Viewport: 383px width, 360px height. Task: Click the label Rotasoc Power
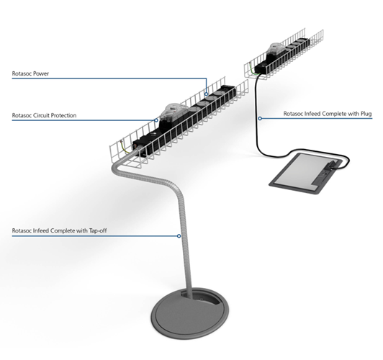(30, 73)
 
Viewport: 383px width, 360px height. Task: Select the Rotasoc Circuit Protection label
(44, 115)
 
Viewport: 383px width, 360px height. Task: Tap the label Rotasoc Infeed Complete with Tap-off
(59, 230)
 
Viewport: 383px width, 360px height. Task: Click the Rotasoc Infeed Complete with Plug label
(328, 114)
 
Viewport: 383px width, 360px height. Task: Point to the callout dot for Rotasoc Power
(207, 94)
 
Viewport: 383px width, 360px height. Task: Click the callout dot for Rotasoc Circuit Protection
(156, 120)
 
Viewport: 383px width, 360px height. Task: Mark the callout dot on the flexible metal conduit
(179, 236)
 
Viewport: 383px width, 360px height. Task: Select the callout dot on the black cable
(260, 119)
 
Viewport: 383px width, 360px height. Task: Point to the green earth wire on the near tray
(124, 148)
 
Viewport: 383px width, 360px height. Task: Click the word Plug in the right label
(366, 114)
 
